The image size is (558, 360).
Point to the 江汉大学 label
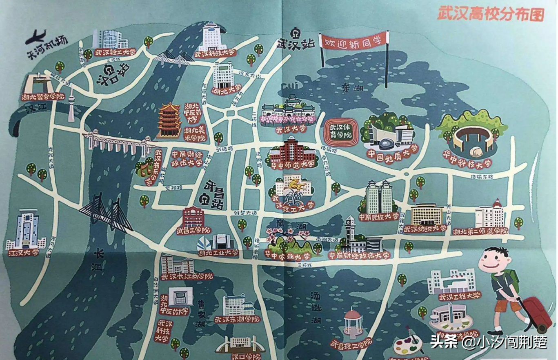click(x=24, y=252)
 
